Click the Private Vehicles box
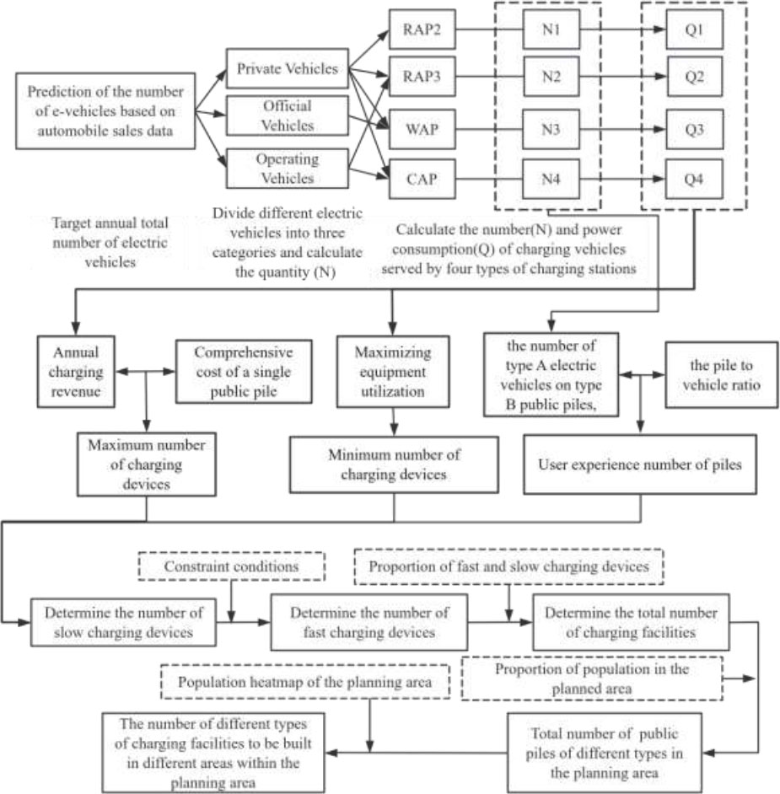pyautogui.click(x=287, y=69)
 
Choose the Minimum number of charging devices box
pyautogui.click(x=394, y=464)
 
